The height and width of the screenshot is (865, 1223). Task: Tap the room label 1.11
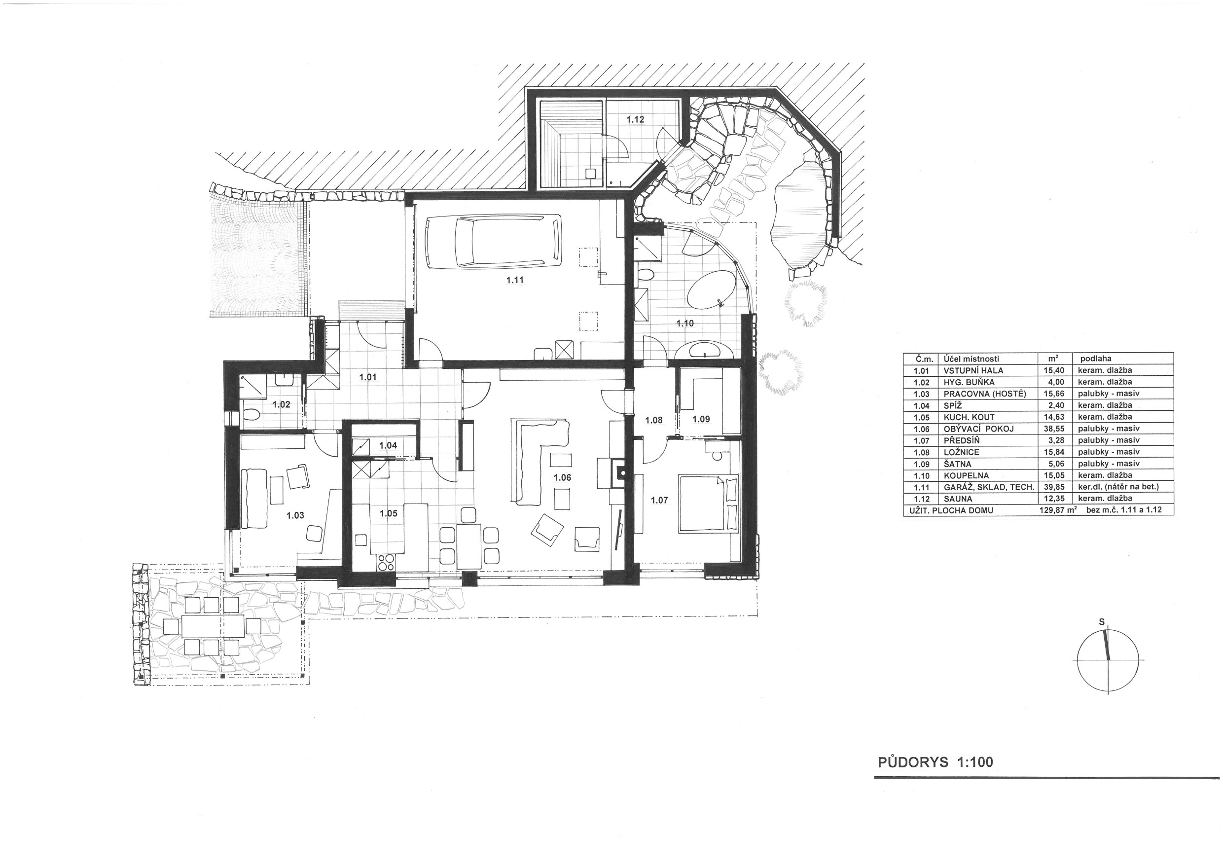pos(514,280)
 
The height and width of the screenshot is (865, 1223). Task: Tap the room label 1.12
pos(636,120)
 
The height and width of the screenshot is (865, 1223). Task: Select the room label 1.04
pos(388,445)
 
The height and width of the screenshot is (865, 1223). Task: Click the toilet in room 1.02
pos(251,414)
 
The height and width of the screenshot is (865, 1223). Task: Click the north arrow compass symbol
pos(1108,661)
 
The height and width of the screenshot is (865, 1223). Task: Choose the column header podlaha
pos(1096,359)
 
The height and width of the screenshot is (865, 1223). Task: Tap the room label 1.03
pos(295,515)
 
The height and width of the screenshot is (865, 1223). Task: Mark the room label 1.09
pos(701,419)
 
